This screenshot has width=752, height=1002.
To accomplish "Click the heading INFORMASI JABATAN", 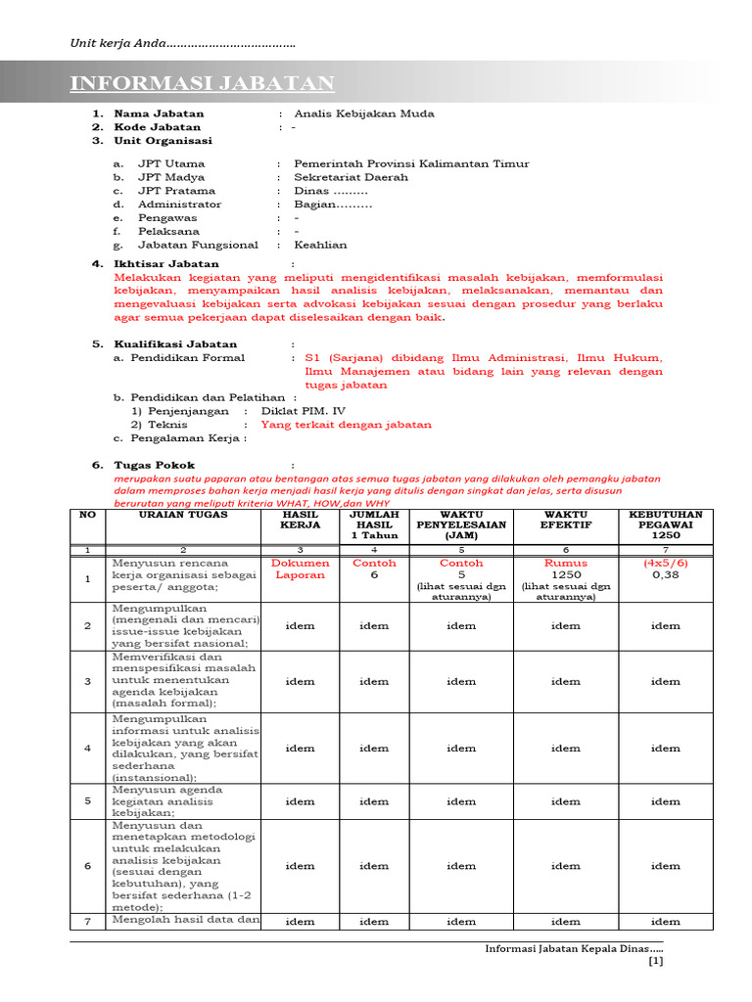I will tap(202, 83).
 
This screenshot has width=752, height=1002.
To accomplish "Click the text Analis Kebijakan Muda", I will tap(363, 114).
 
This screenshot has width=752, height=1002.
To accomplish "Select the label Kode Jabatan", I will tap(157, 127).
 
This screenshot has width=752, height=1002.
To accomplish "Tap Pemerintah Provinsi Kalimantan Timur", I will tap(411, 164).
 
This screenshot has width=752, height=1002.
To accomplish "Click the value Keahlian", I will tap(320, 246).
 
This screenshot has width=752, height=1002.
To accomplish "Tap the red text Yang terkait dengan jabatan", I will tap(346, 425).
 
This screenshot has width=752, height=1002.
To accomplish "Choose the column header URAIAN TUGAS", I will tap(183, 515).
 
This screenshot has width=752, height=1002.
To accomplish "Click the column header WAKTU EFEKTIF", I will tap(565, 520).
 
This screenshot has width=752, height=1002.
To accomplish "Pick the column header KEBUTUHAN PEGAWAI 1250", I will tap(665, 525).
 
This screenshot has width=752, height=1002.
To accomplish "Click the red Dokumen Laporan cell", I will tap(300, 569).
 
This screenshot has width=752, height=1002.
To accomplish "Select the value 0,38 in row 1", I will tap(665, 575).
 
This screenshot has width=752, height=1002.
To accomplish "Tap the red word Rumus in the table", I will tap(565, 564).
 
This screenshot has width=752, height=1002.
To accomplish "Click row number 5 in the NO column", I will tap(87, 801).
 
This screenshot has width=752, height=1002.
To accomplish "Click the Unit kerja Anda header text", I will tap(182, 44).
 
